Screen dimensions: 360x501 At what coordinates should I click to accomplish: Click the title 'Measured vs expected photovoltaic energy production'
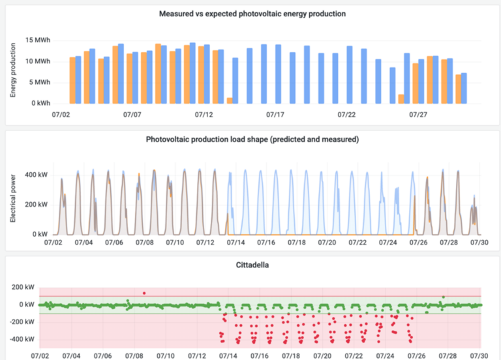click(252, 13)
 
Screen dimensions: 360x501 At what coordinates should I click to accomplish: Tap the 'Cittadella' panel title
click(253, 266)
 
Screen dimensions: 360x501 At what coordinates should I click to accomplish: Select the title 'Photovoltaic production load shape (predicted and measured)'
click(252, 140)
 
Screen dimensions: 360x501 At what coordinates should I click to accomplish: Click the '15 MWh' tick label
click(38, 40)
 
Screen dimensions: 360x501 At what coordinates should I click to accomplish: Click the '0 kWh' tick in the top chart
click(39, 103)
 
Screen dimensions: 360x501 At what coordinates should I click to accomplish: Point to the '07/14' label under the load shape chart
click(229, 243)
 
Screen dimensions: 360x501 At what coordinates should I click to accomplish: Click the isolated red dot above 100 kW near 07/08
click(144, 293)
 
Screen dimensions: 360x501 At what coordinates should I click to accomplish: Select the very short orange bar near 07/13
click(230, 100)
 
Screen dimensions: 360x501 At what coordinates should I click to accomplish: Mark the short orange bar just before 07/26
click(401, 99)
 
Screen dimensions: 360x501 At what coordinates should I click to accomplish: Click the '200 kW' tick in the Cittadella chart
click(26, 286)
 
